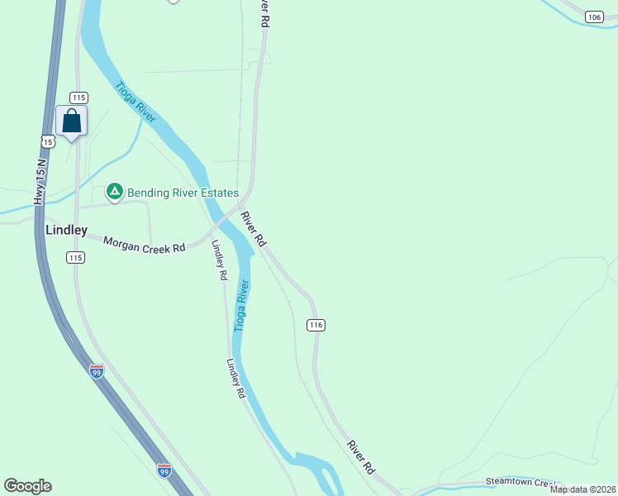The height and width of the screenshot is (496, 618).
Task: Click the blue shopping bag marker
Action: coord(72,122)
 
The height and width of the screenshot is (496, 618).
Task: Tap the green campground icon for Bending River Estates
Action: coord(115,193)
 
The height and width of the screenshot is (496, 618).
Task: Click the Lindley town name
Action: coord(66,230)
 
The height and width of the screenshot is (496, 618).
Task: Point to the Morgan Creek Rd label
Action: coord(144,245)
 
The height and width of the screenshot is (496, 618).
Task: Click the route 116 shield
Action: coord(315,325)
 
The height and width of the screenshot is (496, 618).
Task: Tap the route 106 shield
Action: coord(593,17)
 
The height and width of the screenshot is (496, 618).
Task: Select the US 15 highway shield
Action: coord(49,141)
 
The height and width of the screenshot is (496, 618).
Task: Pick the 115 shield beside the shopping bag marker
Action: coord(78,98)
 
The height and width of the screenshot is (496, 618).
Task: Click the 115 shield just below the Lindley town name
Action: coord(76,258)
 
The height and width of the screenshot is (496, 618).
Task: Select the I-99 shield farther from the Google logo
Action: coord(97,371)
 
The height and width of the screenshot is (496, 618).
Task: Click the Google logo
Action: coord(27,486)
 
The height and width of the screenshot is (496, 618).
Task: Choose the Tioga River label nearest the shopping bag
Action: coord(135,103)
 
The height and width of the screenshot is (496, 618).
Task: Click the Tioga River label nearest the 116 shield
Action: coord(240,306)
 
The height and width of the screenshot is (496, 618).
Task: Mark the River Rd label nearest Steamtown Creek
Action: coord(361,456)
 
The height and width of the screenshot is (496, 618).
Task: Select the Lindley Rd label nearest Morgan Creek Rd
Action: coord(219,260)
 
